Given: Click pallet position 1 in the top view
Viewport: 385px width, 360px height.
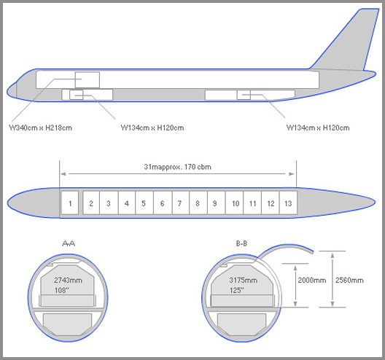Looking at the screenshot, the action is click(x=70, y=203).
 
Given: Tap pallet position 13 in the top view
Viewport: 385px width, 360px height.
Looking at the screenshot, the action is click(x=288, y=203).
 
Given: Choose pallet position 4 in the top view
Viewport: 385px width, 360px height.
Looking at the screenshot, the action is click(x=127, y=203).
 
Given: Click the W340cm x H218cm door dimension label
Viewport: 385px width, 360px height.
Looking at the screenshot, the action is click(x=40, y=128).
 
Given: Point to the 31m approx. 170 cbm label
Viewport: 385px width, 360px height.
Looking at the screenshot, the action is click(x=177, y=167).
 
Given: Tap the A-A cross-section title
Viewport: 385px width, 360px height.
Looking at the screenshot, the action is click(x=69, y=243).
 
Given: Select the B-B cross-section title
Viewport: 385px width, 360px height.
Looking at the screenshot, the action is click(x=241, y=243).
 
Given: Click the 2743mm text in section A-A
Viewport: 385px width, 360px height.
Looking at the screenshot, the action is click(x=68, y=281).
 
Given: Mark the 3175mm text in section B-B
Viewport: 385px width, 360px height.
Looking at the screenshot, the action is click(x=244, y=281).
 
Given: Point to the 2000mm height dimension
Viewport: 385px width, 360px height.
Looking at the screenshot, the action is click(x=312, y=281).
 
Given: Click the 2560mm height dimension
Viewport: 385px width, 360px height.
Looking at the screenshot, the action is click(x=349, y=281).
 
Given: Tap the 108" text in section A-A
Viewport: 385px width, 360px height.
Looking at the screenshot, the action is click(x=62, y=290).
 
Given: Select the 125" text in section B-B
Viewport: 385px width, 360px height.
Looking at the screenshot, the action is click(x=237, y=290).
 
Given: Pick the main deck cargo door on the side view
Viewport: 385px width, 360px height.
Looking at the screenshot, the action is click(x=87, y=79).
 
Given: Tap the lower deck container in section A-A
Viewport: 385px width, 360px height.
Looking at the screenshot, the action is click(x=68, y=324).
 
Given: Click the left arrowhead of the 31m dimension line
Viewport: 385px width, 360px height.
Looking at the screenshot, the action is click(x=63, y=174).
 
